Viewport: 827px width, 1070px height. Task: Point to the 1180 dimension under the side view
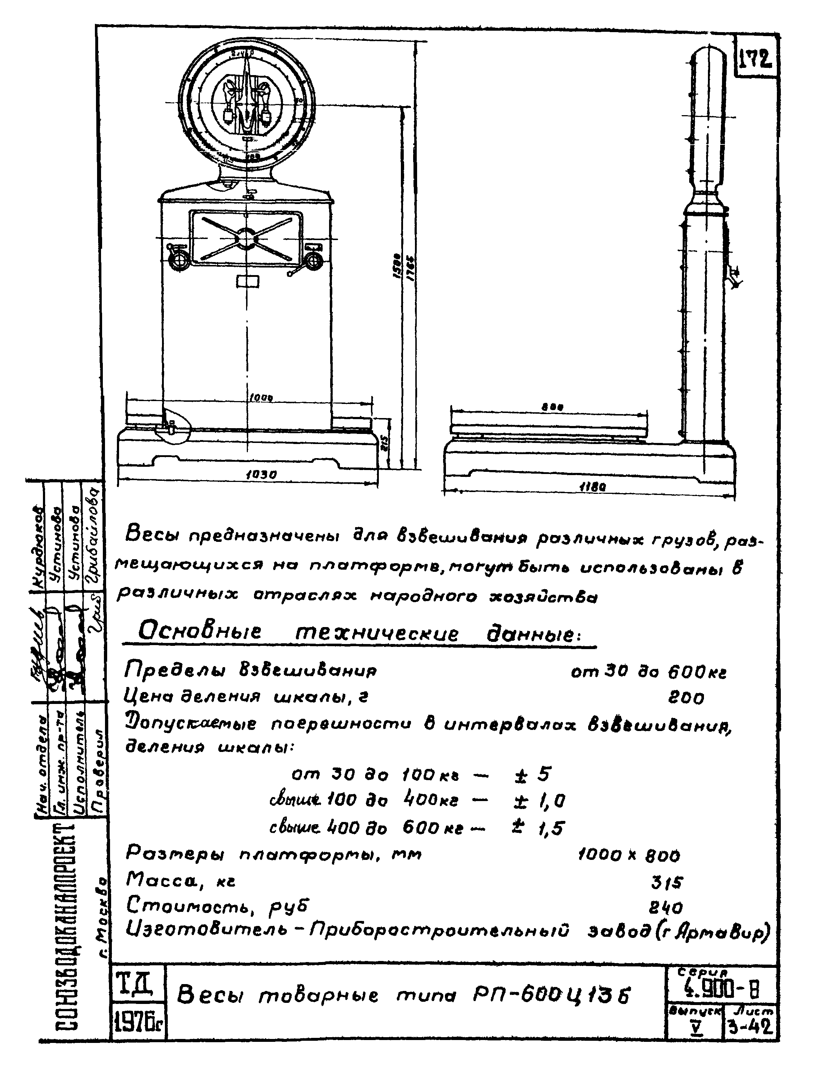(x=592, y=487)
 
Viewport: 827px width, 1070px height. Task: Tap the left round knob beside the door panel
(x=178, y=259)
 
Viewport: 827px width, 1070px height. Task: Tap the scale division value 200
(x=686, y=698)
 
